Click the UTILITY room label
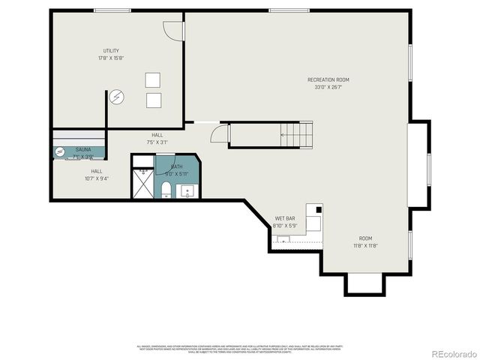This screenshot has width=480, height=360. point(111,51)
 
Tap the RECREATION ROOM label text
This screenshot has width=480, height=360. point(328,79)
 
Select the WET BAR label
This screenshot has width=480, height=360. point(285,219)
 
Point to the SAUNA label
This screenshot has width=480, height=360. point(83,150)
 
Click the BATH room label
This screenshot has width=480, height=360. point(177,166)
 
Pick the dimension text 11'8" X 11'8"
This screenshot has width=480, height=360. point(365,245)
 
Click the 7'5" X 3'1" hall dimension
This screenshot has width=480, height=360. point(157,142)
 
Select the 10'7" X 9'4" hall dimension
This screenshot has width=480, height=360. point(97,178)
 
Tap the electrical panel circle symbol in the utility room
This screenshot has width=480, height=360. point(117,97)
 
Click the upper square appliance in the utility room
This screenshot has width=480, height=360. point(153,79)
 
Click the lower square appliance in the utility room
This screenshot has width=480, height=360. point(153,100)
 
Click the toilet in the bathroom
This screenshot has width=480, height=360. point(166,189)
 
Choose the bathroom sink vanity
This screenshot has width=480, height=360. point(187,189)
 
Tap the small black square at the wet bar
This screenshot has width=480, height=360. point(318,209)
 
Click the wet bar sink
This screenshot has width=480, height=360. point(283,239)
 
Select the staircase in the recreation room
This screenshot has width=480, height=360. point(271,135)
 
